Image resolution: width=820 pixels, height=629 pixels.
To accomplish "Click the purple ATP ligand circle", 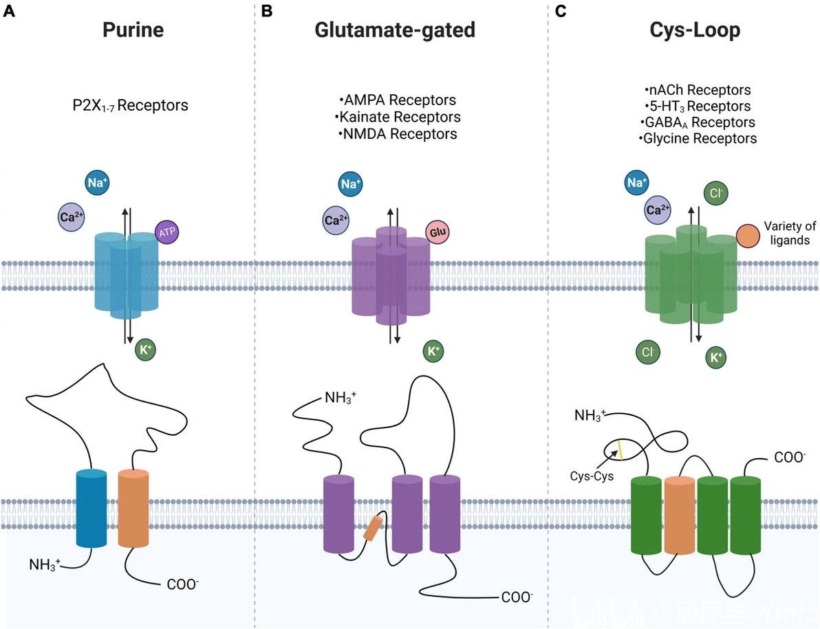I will [167, 232].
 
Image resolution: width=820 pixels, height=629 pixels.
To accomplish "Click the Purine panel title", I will [133, 31].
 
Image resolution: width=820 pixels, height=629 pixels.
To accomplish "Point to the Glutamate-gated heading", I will [395, 31].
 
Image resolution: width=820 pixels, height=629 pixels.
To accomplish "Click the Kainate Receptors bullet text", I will [400, 117].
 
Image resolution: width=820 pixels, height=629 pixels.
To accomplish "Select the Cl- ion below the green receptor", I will [647, 352].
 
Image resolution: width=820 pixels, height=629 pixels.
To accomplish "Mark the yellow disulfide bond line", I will [619, 450].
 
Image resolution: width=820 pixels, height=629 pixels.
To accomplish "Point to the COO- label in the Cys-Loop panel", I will [788, 456].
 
